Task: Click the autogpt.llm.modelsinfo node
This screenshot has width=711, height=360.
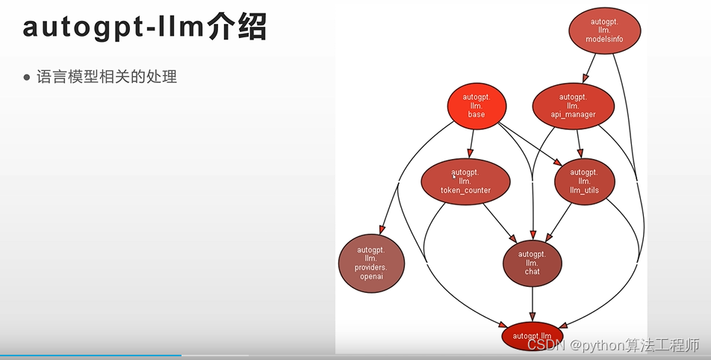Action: tap(605, 29)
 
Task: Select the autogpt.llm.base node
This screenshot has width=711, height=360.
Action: tap(476, 105)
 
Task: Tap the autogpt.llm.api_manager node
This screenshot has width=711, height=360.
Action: tap(573, 105)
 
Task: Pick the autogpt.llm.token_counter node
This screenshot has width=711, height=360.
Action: tap(465, 181)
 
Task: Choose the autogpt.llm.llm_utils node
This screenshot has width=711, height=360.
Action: tap(584, 181)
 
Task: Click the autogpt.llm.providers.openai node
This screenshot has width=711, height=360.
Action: tap(371, 263)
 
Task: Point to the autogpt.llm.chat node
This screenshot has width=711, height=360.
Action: tap(532, 263)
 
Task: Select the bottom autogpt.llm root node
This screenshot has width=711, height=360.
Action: tap(532, 336)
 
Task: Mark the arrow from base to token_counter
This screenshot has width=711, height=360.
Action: tap(471, 143)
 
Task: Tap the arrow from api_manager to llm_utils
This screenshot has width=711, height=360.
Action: tap(579, 143)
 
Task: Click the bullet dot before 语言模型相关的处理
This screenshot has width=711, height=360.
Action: tap(28, 76)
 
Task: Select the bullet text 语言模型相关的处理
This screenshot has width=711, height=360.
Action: tap(107, 76)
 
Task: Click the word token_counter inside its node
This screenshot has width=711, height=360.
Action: tap(465, 190)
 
